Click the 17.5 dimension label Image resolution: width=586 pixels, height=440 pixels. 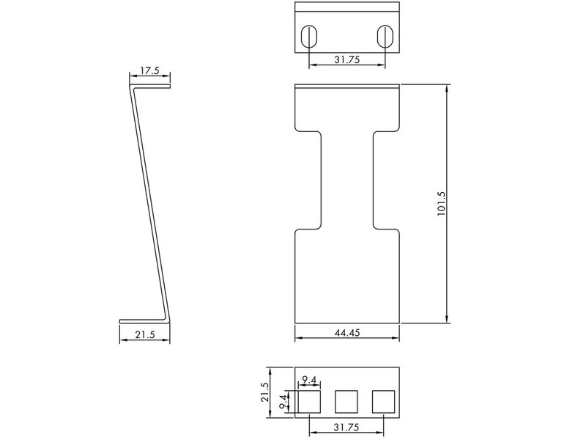click(149, 70)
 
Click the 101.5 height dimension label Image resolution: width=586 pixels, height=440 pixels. click(441, 204)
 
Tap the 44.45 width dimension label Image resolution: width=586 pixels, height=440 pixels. click(347, 332)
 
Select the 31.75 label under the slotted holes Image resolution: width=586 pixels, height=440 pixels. click(346, 59)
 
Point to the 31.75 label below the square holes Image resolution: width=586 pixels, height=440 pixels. click(346, 427)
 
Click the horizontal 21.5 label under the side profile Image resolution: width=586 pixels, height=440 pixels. click(144, 334)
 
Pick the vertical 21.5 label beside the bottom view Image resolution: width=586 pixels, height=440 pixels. click(264, 392)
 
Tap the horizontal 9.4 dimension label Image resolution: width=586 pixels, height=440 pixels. click(309, 380)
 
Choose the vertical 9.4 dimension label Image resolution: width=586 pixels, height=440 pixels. click(284, 401)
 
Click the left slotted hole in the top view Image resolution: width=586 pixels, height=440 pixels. click(309, 36)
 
